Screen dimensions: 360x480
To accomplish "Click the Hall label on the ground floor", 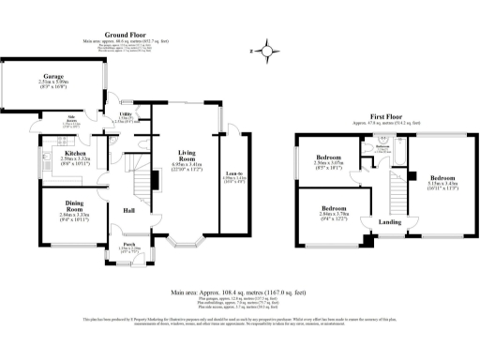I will click(x=130, y=210).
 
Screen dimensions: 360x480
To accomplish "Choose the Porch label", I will click(x=129, y=246).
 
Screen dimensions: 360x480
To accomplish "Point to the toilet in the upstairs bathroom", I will click(x=371, y=157).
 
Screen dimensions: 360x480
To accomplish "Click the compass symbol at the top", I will click(x=269, y=52).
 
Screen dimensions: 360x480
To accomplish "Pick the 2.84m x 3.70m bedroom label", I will click(x=335, y=208).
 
